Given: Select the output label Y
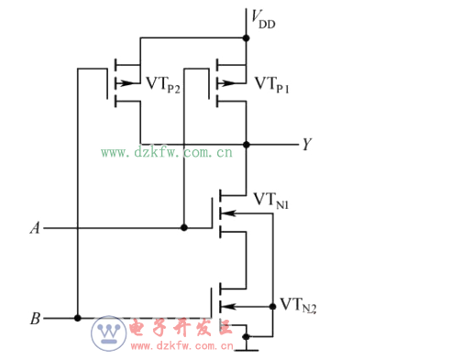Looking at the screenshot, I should pyautogui.click(x=306, y=144).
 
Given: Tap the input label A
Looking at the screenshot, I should pyautogui.click(x=35, y=227).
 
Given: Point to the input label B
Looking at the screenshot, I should pyautogui.click(x=35, y=319).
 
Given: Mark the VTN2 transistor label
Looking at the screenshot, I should pyautogui.click(x=298, y=305).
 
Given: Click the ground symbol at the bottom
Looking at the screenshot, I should pyautogui.click(x=246, y=347).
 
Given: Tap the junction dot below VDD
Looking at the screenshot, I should pyautogui.click(x=247, y=38).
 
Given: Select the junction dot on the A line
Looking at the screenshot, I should pyautogui.click(x=185, y=227).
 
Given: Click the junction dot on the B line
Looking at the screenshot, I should pyautogui.click(x=78, y=319).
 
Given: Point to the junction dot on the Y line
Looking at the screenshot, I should pyautogui.click(x=247, y=144).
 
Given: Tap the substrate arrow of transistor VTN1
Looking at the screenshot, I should pyautogui.click(x=228, y=213).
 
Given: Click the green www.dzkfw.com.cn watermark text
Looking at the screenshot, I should pyautogui.click(x=166, y=152).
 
